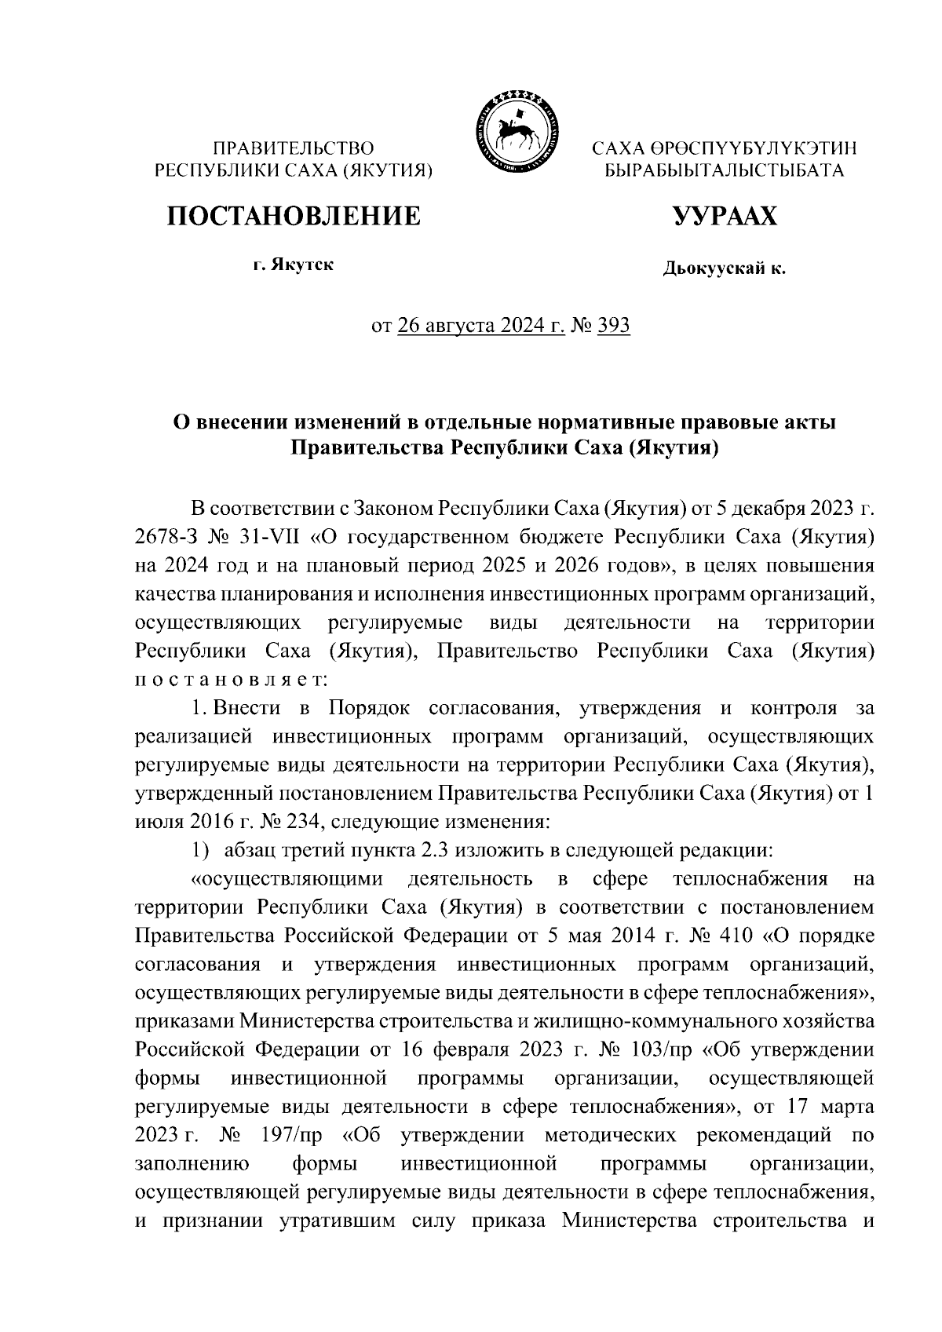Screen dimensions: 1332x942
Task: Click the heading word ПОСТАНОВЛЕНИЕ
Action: click(x=292, y=215)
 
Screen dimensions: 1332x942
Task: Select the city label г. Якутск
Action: click(x=293, y=265)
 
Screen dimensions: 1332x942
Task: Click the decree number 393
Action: click(x=613, y=325)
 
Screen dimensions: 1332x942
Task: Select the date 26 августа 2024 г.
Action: click(x=481, y=325)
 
